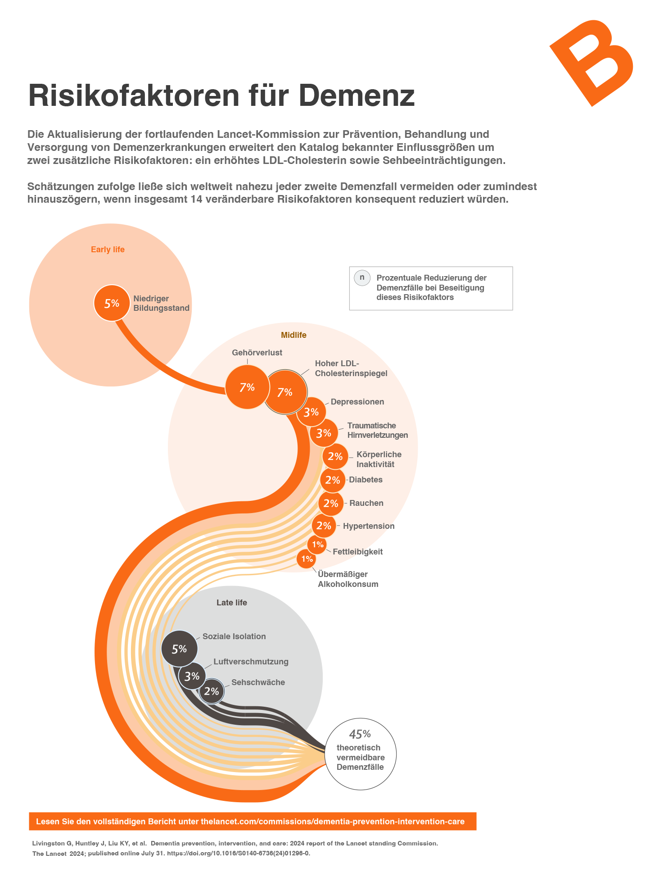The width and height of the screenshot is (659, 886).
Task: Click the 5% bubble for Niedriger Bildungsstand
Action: (112, 303)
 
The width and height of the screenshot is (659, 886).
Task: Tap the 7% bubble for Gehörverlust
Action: (247, 387)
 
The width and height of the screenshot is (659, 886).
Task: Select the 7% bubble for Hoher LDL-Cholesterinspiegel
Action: (285, 392)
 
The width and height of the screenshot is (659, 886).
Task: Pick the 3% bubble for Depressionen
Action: (311, 412)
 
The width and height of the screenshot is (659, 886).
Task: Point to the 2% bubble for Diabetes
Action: (333, 480)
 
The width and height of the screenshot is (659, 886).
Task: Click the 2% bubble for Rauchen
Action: (331, 503)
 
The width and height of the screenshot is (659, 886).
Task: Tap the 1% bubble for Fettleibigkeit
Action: (317, 545)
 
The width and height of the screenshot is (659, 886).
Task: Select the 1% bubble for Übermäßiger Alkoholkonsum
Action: (307, 559)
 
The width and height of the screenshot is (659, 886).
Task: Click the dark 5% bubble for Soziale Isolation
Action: (179, 649)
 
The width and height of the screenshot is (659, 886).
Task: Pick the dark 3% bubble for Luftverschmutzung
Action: (192, 676)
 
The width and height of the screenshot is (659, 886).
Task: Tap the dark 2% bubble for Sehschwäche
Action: (212, 691)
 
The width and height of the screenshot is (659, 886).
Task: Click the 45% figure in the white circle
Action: (360, 734)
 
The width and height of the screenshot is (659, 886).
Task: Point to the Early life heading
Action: (108, 250)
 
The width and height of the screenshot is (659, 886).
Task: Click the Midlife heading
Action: (293, 335)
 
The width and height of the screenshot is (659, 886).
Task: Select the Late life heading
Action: (232, 603)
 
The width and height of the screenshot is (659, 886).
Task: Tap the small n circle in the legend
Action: (362, 278)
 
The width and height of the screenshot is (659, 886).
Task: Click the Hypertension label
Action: (369, 526)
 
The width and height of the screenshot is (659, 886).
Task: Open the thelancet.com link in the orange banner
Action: (333, 822)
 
